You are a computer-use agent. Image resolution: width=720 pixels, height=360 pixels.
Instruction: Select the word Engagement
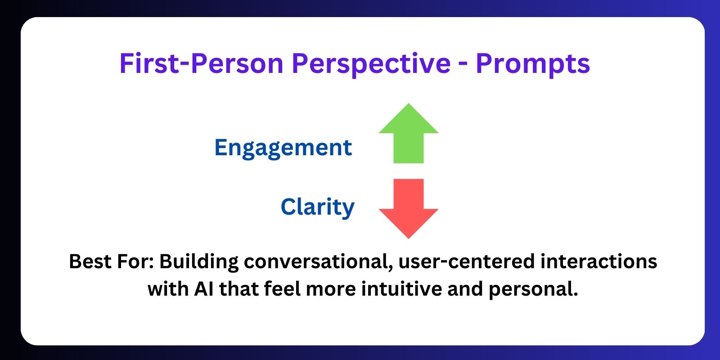pyautogui.click(x=283, y=148)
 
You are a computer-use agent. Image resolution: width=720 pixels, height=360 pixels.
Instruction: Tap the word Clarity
pyautogui.click(x=318, y=207)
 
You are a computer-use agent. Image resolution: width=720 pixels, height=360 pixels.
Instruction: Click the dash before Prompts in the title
pyautogui.click(x=463, y=66)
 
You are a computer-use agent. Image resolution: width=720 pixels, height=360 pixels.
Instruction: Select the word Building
pyautogui.click(x=198, y=262)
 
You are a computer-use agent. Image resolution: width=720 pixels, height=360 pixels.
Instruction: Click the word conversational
pyautogui.click(x=319, y=261)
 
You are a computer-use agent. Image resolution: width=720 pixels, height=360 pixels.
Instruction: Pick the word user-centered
pyautogui.click(x=466, y=261)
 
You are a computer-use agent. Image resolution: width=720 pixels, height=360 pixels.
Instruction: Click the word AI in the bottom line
pyautogui.click(x=204, y=288)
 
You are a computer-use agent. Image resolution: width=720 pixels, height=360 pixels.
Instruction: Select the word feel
pyautogui.click(x=282, y=288)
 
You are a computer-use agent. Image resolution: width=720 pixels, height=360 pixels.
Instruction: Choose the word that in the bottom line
pyautogui.click(x=239, y=288)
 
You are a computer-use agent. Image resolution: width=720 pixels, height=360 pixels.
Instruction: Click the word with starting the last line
pyautogui.click(x=168, y=288)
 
